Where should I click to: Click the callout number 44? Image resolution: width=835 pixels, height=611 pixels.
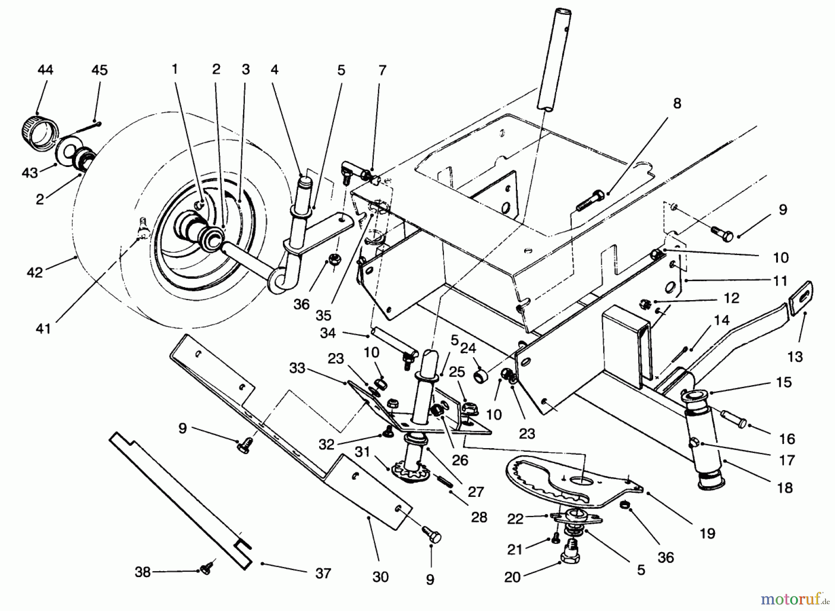point(45,70)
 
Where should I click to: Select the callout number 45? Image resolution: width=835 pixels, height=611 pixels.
point(100,70)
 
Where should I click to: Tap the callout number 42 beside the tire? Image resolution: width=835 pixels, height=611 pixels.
point(35,272)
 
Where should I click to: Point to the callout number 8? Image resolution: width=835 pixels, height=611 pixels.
point(677,103)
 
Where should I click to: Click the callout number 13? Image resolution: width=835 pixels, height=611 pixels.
point(795,357)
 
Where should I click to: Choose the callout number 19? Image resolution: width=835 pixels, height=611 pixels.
point(707,534)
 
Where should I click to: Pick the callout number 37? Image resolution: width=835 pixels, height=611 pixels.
point(323,573)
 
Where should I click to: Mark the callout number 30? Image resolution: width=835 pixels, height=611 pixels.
point(380,577)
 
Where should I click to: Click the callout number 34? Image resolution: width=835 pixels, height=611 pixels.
point(328,333)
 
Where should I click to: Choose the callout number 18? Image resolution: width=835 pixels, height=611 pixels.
point(785,488)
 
